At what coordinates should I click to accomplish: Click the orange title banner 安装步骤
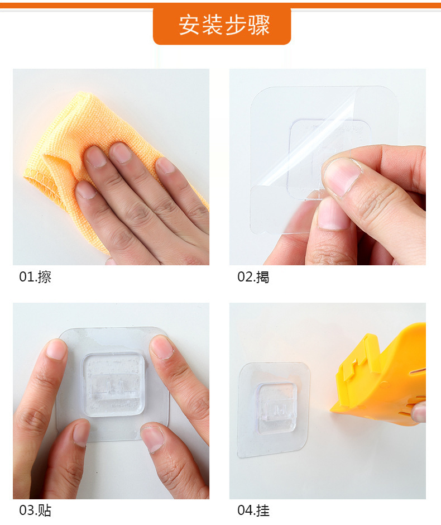tap(222, 26)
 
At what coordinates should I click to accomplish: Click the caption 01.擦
tap(35, 276)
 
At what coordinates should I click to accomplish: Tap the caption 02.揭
tap(253, 276)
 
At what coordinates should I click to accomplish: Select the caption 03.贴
tap(35, 510)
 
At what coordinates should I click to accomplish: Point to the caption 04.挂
tap(253, 510)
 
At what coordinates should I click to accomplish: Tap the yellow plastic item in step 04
tap(385, 374)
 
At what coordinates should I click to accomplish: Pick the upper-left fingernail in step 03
tap(57, 350)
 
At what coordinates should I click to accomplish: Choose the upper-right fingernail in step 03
tap(162, 346)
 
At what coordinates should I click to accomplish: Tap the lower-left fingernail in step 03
tap(80, 433)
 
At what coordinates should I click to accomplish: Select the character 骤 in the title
tap(260, 26)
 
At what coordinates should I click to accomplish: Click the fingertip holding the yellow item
tap(419, 412)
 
